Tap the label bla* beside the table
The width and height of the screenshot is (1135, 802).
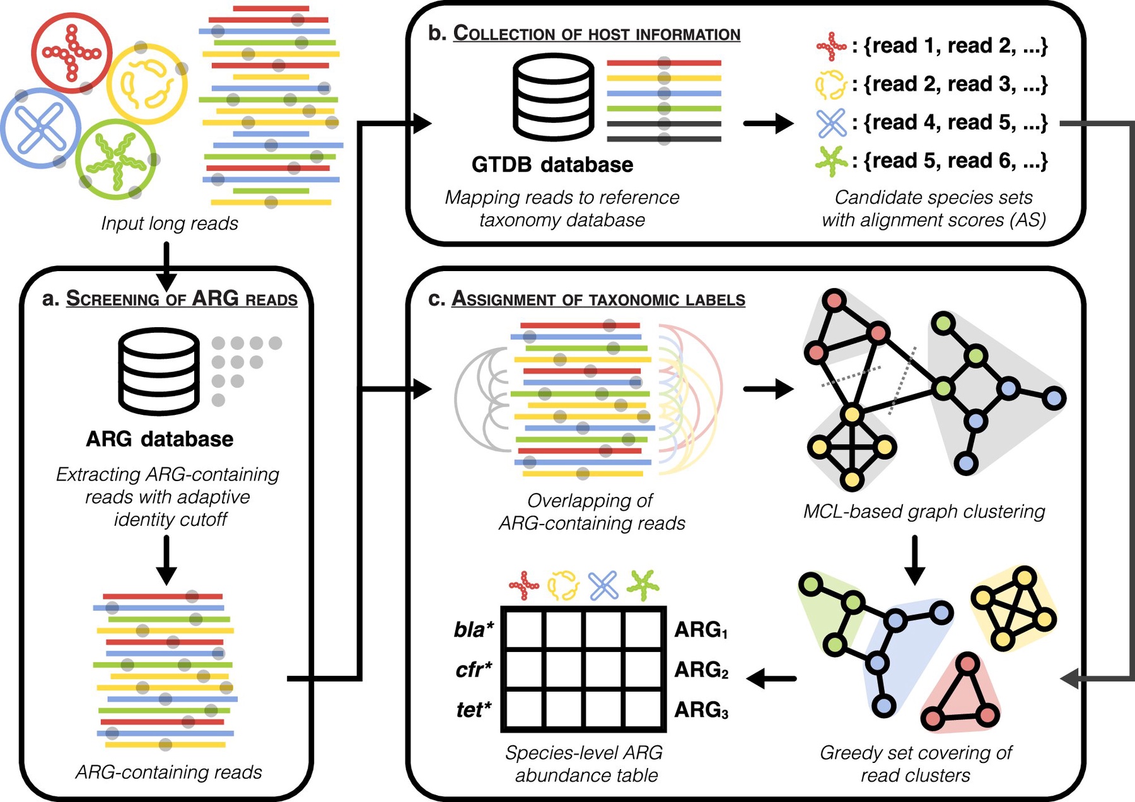click(474, 629)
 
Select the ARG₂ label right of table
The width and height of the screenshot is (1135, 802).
click(701, 670)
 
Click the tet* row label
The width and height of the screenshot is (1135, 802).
click(474, 710)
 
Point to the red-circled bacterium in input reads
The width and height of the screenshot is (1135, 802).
click(71, 53)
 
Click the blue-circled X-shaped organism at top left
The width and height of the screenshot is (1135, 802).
click(40, 128)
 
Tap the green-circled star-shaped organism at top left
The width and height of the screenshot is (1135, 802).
click(116, 159)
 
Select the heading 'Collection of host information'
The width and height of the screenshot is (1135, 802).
click(596, 33)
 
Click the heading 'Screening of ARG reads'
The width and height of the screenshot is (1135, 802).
click(182, 298)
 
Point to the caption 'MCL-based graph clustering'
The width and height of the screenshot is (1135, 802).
click(924, 511)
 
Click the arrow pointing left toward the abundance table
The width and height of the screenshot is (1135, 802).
click(771, 678)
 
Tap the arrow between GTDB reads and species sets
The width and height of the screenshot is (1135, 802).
click(768, 123)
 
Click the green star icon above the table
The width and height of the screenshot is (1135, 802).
click(643, 585)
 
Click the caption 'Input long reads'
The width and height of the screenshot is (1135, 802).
click(170, 223)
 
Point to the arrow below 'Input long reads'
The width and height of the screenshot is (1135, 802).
click(166, 264)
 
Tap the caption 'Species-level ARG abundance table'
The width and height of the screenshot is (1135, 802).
click(585, 764)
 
